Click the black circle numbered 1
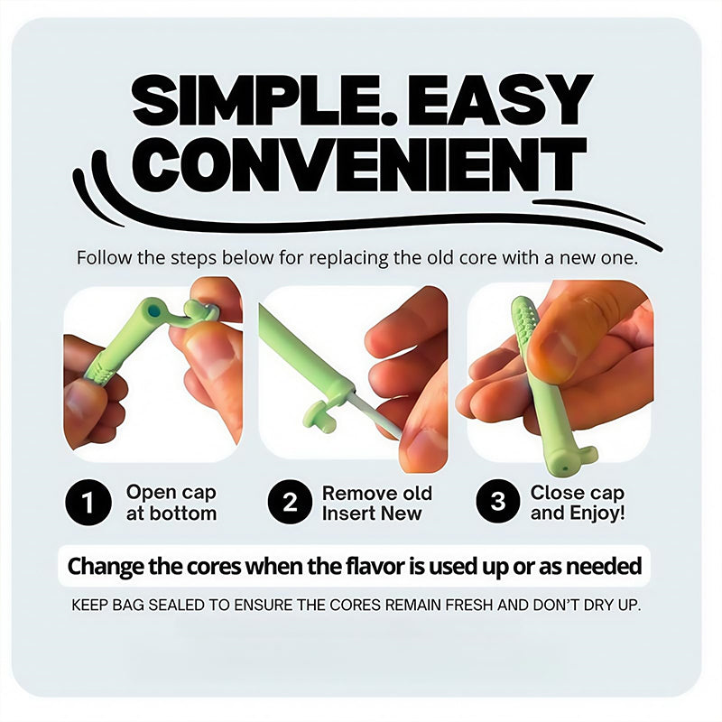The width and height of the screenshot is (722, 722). (88, 502)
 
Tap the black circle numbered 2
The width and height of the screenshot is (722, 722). (290, 502)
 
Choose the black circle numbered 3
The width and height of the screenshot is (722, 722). (498, 501)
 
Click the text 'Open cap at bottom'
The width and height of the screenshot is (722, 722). (171, 503)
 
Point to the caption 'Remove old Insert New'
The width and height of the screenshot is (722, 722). (377, 504)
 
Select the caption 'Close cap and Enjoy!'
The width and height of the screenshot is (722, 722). (578, 503)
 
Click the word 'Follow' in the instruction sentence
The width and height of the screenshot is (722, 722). (104, 258)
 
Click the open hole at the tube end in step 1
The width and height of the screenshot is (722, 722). (154, 310)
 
